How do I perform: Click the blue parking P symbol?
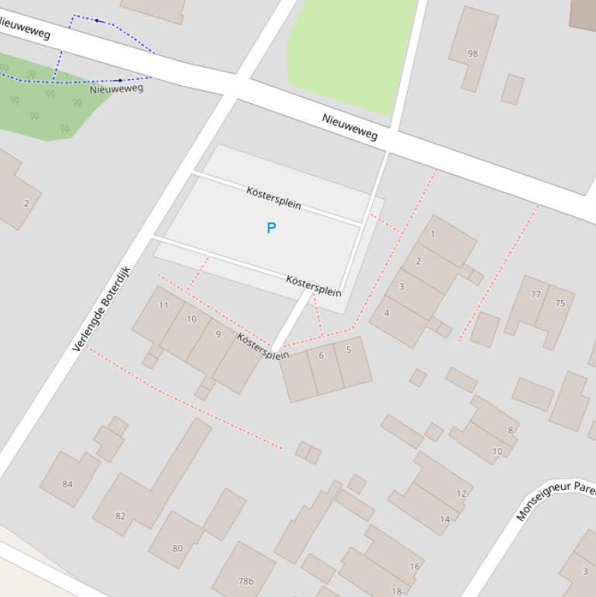coord(271,228)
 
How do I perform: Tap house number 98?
coord(473,53)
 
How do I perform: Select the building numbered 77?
coord(536,295)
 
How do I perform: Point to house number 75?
coord(560,303)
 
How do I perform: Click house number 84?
coord(67,485)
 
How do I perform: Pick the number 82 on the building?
coord(120,516)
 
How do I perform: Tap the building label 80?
coord(177,548)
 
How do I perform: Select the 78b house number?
coord(246,581)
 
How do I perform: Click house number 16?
coord(415,567)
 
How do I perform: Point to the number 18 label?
coord(397,591)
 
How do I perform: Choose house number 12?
coord(462,493)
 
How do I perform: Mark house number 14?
coord(445,519)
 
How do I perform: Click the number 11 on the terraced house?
coord(164,305)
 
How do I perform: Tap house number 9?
coord(219,334)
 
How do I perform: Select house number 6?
coord(321,355)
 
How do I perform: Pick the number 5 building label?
coord(349,350)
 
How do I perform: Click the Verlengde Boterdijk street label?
coord(102,309)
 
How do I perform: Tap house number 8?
coord(510,430)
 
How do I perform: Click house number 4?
coord(387,313)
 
